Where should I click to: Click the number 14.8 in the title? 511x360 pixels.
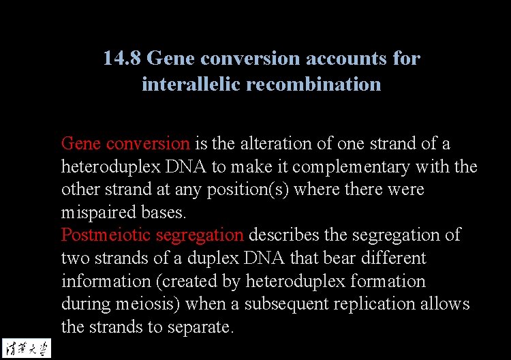122,59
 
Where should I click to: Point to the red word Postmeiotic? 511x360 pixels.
106,235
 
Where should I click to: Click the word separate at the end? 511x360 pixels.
202,327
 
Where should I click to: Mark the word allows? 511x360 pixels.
447,304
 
